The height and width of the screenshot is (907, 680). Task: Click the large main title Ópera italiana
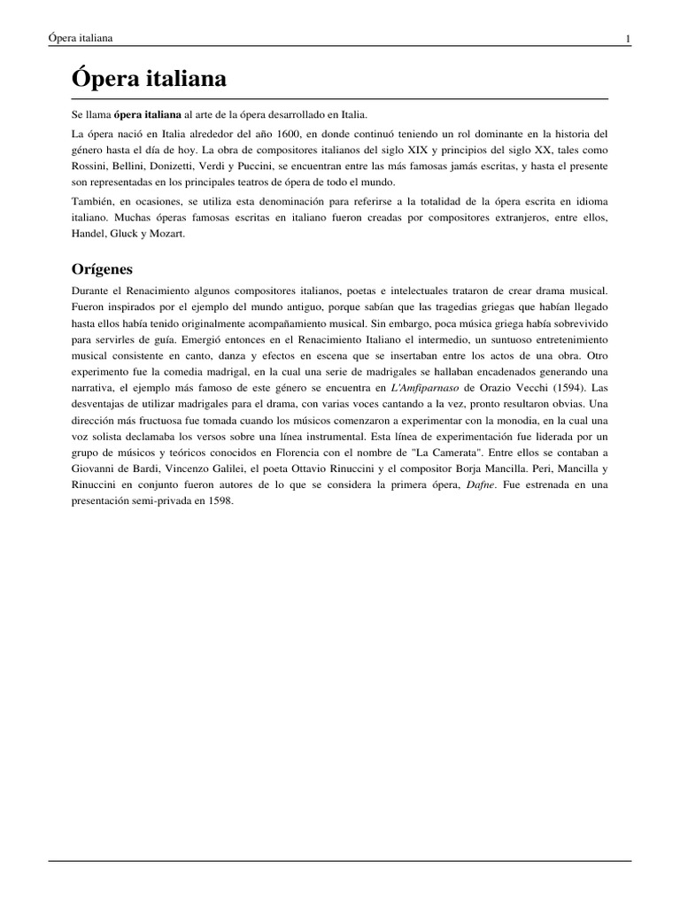149,80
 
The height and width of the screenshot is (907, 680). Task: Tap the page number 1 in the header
628,39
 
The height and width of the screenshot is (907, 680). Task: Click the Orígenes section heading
102,268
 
